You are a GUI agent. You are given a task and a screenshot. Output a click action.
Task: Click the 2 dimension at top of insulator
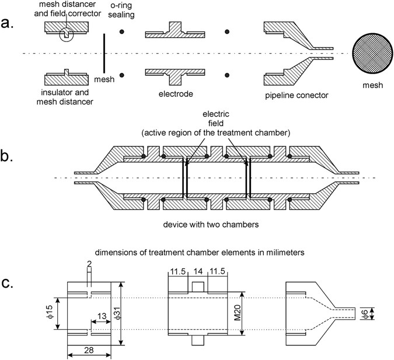click(x=89, y=264)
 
